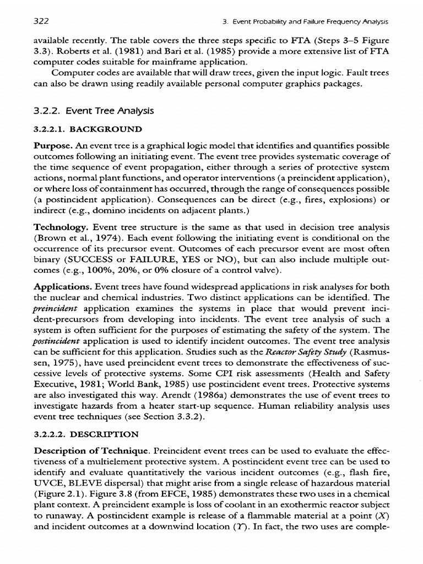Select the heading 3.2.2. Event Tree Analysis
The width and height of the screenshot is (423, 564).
pyautogui.click(x=93, y=111)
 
